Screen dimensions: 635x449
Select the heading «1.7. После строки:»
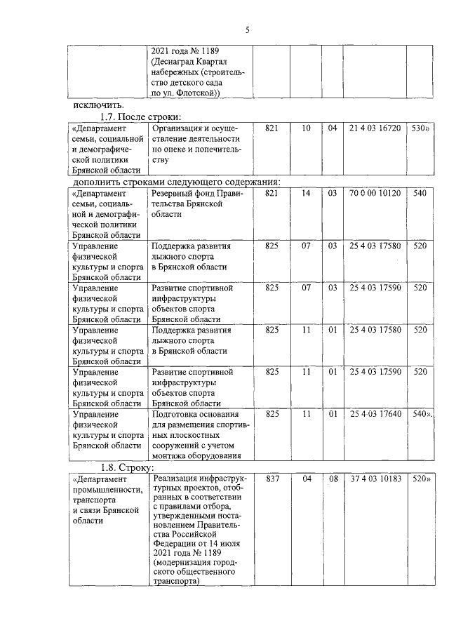(x=140, y=116)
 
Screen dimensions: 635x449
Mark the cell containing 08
(x=333, y=479)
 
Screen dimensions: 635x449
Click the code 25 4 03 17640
(x=375, y=414)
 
